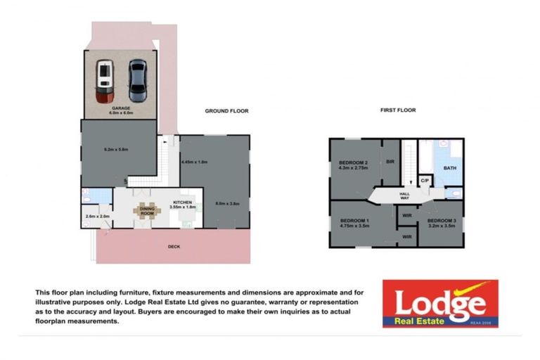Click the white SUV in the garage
coord(105,77)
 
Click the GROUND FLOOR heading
coord(226,111)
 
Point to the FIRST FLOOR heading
coord(397,110)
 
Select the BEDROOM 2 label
coord(354,165)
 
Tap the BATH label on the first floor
coord(449,168)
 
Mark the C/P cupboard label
coord(425,181)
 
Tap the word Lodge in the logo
coord(439,302)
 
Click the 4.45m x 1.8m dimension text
coord(194,162)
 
